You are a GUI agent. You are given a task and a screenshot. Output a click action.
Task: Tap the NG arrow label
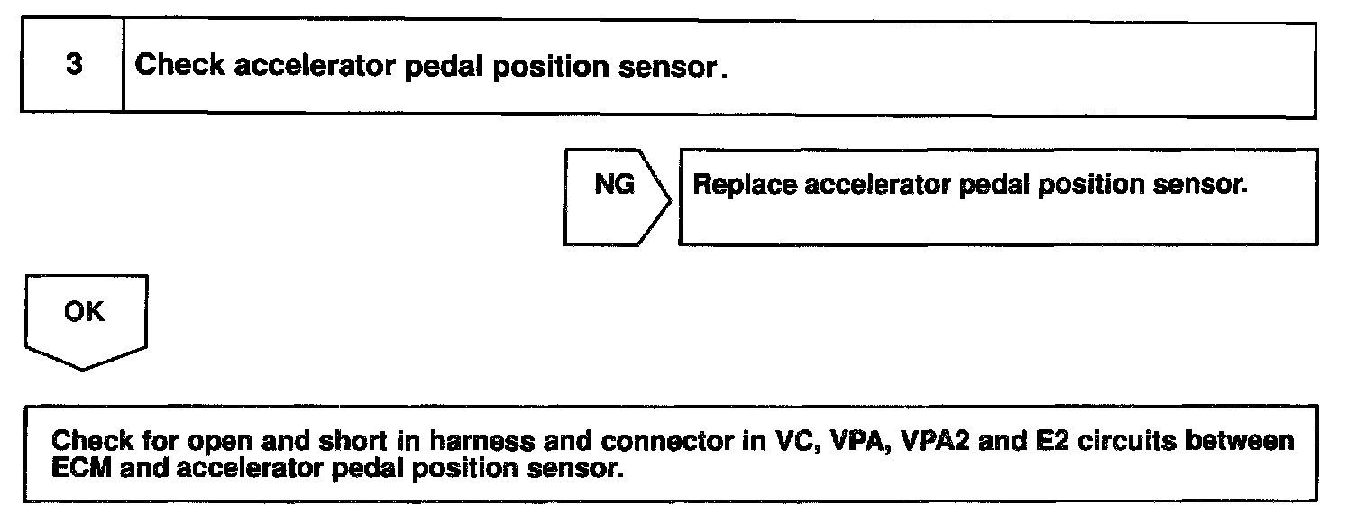click(614, 185)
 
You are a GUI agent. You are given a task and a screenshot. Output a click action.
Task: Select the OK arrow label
click(84, 312)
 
